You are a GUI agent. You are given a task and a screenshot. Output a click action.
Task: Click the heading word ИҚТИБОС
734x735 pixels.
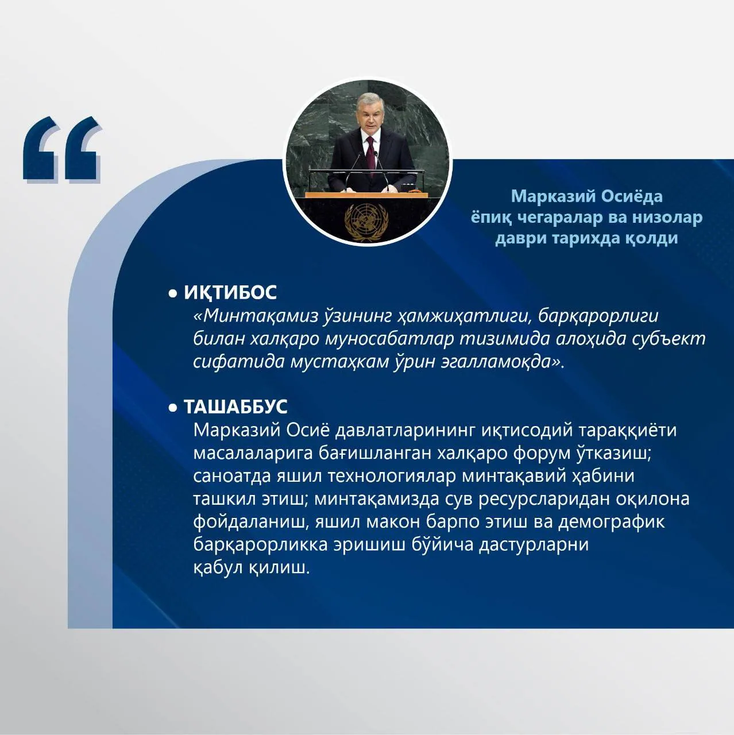pyautogui.click(x=230, y=293)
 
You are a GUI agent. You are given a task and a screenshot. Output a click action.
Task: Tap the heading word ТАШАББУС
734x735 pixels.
pyautogui.click(x=235, y=407)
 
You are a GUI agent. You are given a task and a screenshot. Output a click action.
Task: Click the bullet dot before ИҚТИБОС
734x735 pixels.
pyautogui.click(x=173, y=293)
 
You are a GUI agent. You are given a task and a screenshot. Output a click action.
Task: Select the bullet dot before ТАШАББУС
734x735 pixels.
pyautogui.click(x=173, y=408)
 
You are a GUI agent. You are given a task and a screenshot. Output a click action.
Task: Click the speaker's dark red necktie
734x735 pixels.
pyautogui.click(x=370, y=154)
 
